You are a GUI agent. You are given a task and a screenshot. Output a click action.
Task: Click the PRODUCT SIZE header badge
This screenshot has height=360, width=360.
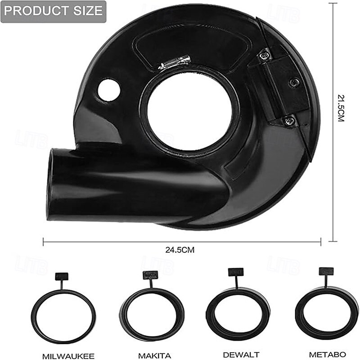click(x=54, y=12)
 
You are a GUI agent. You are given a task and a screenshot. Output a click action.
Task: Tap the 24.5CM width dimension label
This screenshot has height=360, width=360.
click(x=180, y=250)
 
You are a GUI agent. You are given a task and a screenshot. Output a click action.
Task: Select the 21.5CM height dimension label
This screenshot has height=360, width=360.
click(x=342, y=108)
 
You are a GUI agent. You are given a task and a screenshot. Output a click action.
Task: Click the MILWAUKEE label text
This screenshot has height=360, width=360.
click(x=68, y=356)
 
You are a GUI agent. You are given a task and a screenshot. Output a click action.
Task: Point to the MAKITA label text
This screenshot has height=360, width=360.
click(x=154, y=355)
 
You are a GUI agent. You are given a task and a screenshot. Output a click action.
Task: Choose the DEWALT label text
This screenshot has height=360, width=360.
click(x=241, y=355)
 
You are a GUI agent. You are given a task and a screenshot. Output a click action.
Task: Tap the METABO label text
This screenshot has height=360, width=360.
click(x=328, y=354)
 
